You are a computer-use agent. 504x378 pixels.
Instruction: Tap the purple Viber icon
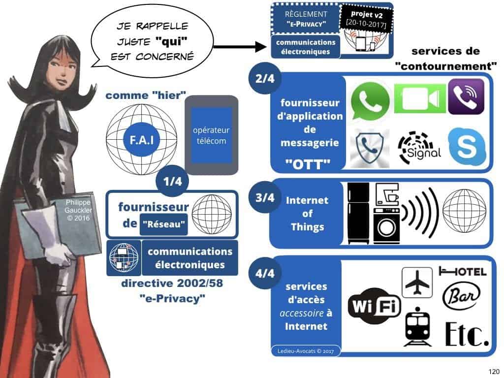click(466, 96)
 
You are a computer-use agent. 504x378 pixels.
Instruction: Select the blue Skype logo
click(467, 146)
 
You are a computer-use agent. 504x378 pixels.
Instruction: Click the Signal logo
click(418, 146)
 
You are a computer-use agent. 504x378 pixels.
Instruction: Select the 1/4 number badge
click(172, 182)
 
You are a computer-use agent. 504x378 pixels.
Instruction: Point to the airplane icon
click(417, 283)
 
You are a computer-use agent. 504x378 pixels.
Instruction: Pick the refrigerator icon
click(358, 213)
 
